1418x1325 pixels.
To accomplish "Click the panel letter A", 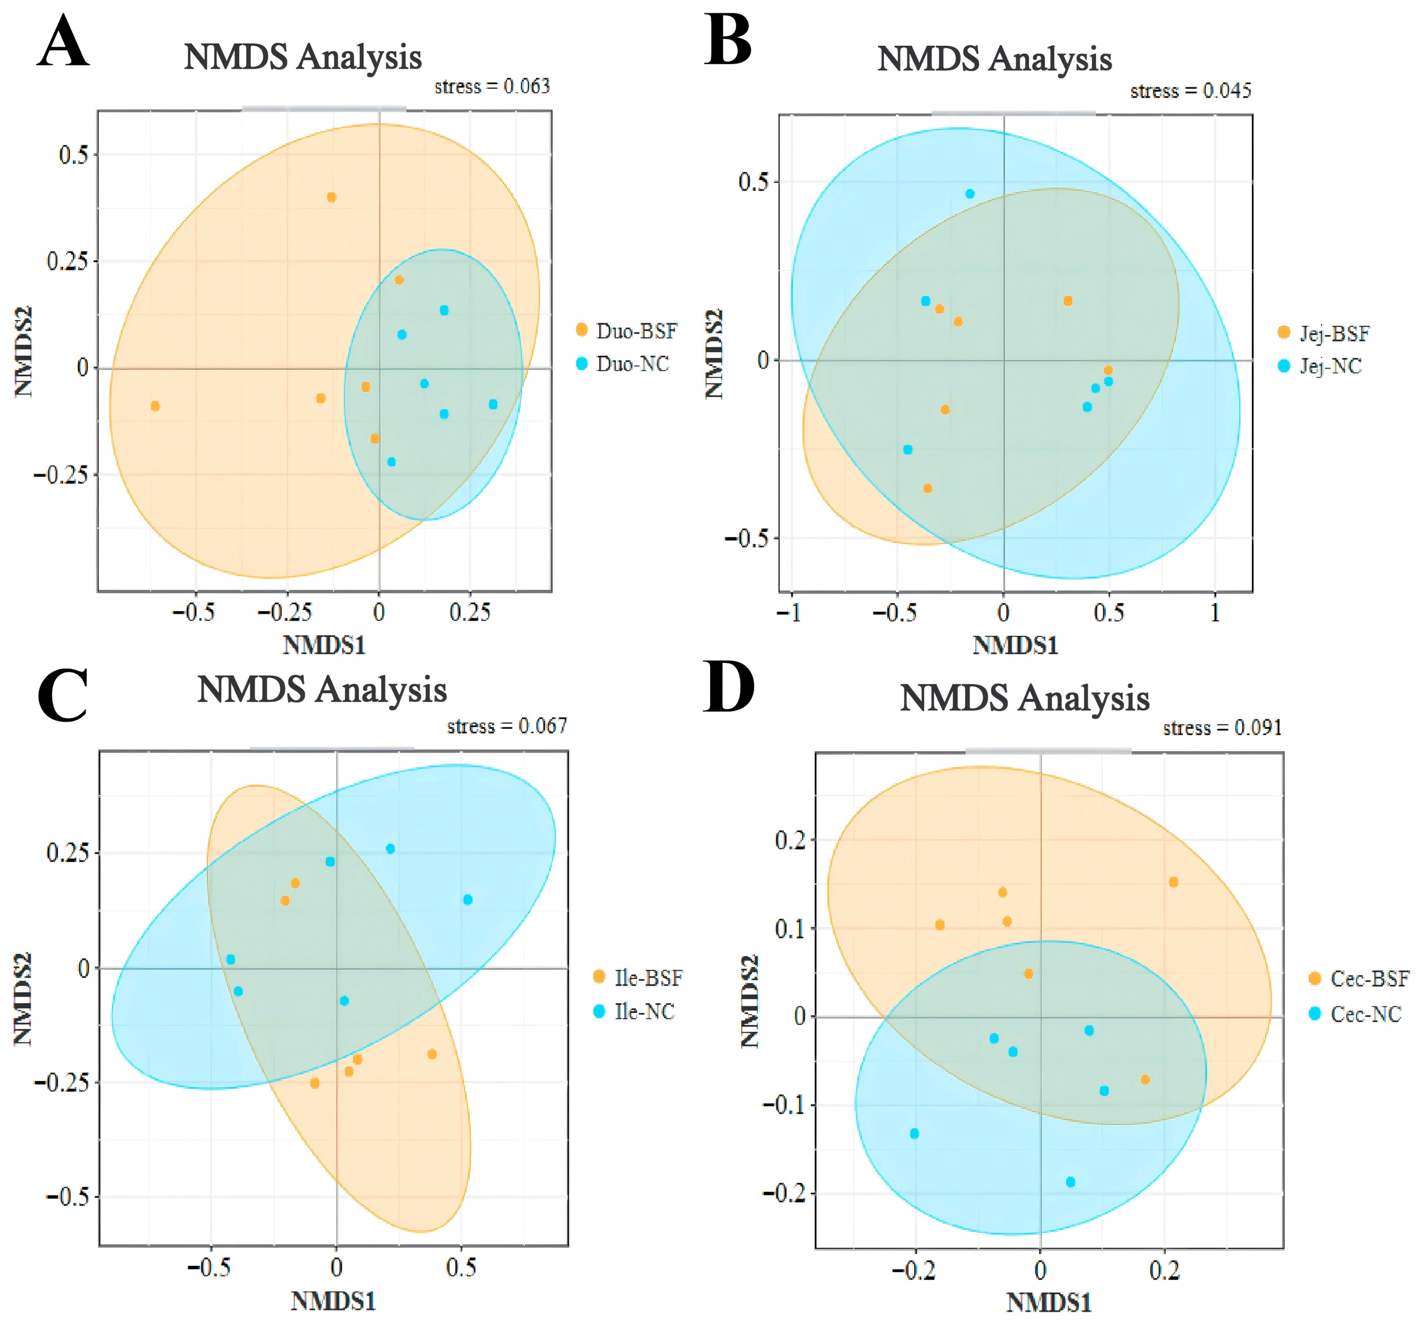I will pyautogui.click(x=64, y=43).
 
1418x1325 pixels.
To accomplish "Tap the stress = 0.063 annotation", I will pyautogui.click(x=492, y=86).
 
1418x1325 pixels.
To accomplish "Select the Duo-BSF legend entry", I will pyautogui.click(x=626, y=330).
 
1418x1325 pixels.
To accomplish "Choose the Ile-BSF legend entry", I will pyautogui.click(x=638, y=977).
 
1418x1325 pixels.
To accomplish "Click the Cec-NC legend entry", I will pyautogui.click(x=1355, y=1013).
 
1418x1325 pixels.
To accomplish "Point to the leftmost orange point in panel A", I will pyautogui.click(x=155, y=406).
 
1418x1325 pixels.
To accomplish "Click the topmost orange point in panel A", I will pyautogui.click(x=331, y=197).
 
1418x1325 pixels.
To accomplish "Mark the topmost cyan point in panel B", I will pyautogui.click(x=969, y=193).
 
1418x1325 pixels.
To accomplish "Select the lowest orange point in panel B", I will pyautogui.click(x=927, y=489).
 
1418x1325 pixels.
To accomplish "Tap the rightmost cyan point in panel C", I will pyautogui.click(x=468, y=899).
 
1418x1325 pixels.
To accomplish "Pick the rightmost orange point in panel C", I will pyautogui.click(x=432, y=1054).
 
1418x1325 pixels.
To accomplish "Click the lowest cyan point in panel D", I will pyautogui.click(x=1070, y=1182).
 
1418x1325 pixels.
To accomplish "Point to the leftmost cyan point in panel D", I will pyautogui.click(x=915, y=1133).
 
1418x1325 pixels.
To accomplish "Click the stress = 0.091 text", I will pyautogui.click(x=1222, y=728).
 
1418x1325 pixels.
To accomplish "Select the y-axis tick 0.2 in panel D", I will pyautogui.click(x=790, y=840).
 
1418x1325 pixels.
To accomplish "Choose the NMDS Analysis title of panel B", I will pyautogui.click(x=995, y=58).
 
